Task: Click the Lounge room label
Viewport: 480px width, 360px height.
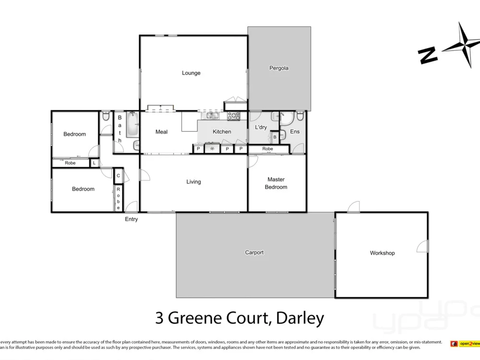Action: pyautogui.click(x=191, y=73)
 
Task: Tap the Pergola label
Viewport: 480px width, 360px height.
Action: pyautogui.click(x=279, y=68)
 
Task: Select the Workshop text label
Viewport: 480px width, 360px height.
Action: pyautogui.click(x=382, y=253)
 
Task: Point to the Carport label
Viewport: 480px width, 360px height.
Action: pyautogui.click(x=254, y=252)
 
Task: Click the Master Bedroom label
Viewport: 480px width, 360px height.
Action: pyautogui.click(x=276, y=183)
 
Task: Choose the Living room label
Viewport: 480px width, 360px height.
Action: pyautogui.click(x=193, y=182)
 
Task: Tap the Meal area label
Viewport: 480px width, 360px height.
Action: pyautogui.click(x=162, y=132)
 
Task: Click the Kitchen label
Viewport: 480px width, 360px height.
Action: pyautogui.click(x=222, y=132)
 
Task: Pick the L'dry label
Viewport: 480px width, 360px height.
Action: pyautogui.click(x=261, y=127)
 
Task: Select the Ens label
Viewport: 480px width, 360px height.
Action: pyautogui.click(x=295, y=132)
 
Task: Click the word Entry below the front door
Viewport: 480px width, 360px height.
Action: pyautogui.click(x=131, y=219)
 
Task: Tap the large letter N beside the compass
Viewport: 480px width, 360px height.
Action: pyautogui.click(x=428, y=55)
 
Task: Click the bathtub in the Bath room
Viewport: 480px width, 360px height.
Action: pyautogui.click(x=132, y=125)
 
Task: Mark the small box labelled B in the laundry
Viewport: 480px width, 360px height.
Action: pyautogui.click(x=275, y=137)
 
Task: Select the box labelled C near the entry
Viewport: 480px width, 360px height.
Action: pyautogui.click(x=118, y=176)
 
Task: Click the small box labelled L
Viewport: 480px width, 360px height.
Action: pyautogui.click(x=94, y=163)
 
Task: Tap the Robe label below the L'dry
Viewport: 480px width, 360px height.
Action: pyautogui.click(x=268, y=149)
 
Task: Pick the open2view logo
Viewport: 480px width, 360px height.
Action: pyautogui.click(x=465, y=344)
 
